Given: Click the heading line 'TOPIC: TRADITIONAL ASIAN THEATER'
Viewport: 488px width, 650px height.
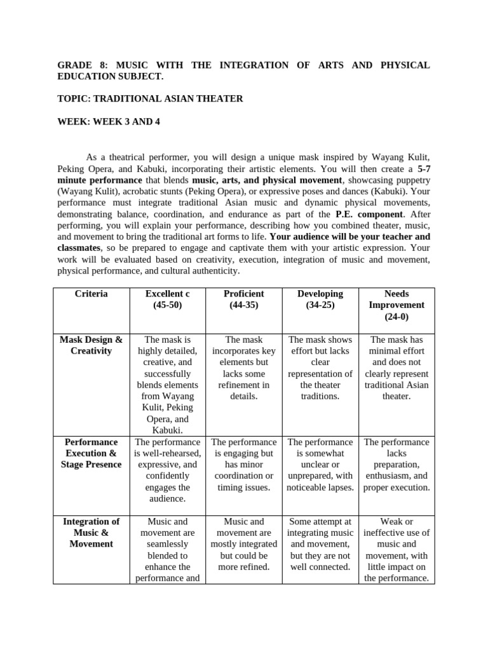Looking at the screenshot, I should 150,99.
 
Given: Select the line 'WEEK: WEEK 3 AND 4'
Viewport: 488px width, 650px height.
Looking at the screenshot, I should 109,122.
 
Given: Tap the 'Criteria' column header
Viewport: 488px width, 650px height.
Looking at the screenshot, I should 91,294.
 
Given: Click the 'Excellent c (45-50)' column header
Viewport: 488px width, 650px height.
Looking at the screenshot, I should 167,300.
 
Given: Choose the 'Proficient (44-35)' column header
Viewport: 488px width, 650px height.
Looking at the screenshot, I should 243,300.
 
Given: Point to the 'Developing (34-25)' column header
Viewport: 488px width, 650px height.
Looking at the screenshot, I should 320,300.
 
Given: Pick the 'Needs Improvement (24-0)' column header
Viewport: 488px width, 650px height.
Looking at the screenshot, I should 396,305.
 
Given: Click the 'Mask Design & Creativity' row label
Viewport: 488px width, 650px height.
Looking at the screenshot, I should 91,345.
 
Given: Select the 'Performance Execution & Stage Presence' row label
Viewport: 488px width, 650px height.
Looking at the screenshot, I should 91,453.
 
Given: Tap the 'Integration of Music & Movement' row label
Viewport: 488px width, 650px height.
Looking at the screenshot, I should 91,533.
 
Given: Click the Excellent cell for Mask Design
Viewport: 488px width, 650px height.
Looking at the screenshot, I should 167,385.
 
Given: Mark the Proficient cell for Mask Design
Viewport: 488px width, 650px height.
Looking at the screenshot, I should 243,368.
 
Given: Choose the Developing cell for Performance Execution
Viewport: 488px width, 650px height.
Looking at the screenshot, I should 320,465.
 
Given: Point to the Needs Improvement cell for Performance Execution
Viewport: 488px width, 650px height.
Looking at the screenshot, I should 396,465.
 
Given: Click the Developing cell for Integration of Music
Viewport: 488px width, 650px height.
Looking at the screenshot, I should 320,544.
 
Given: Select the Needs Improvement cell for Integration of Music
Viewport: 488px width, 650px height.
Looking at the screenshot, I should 396,550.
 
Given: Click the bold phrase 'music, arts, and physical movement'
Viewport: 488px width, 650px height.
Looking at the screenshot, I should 266,180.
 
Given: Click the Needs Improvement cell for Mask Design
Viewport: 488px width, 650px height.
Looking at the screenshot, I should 396,368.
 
